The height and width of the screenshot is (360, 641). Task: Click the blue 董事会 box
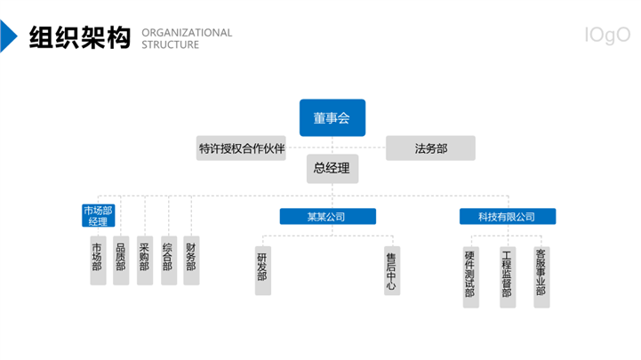click(333, 117)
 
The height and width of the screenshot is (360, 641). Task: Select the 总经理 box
click(333, 168)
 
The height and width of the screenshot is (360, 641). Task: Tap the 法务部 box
click(430, 148)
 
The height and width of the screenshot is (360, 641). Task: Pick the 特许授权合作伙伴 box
click(241, 148)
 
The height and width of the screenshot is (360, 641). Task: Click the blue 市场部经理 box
click(98, 216)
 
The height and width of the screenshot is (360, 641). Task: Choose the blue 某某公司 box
click(328, 217)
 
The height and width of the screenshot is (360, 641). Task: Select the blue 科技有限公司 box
click(508, 217)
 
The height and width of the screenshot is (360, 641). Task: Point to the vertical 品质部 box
click(121, 260)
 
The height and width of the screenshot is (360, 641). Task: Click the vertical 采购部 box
click(145, 260)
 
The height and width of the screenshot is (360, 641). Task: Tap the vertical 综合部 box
click(169, 260)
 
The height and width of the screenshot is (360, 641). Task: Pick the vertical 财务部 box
click(191, 260)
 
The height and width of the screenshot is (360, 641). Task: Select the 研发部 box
click(263, 270)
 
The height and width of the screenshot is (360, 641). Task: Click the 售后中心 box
click(392, 270)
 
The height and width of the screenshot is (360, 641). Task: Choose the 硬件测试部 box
click(471, 277)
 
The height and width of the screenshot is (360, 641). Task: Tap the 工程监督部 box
click(508, 277)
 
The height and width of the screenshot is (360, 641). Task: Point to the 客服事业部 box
click(541, 277)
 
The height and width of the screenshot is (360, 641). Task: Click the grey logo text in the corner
click(607, 36)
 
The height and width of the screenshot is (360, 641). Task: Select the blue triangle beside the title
click(7, 36)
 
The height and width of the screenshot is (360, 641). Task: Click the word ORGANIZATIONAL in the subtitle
click(187, 33)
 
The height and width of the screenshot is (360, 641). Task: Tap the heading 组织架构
click(80, 37)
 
